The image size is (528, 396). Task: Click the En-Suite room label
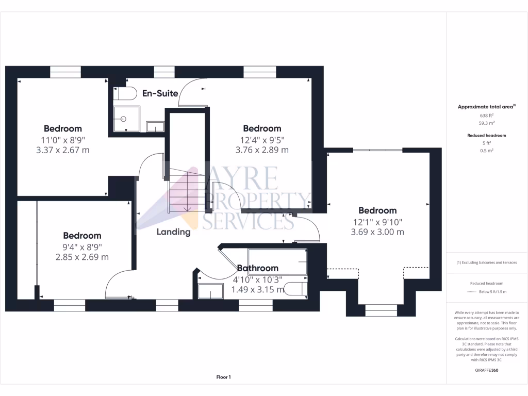point(160,93)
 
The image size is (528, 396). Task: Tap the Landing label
point(174,232)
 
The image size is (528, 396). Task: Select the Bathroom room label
point(257,268)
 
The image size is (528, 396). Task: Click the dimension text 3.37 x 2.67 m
point(62,150)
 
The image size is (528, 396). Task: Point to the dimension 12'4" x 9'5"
point(262,139)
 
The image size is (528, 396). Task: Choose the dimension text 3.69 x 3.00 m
point(377,232)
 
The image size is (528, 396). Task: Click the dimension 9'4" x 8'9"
point(82,246)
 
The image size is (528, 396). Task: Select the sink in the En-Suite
point(155,126)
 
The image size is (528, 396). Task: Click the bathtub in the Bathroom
point(277,261)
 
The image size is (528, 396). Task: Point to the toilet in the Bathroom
point(296,289)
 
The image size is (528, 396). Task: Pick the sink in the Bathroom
point(211,291)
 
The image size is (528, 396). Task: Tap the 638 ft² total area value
point(487,115)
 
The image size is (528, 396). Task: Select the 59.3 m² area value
point(487,123)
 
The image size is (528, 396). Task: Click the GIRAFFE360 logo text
point(487,370)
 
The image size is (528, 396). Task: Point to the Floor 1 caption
point(223,377)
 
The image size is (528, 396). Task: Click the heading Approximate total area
point(486,107)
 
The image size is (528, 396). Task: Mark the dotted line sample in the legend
point(471,292)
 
